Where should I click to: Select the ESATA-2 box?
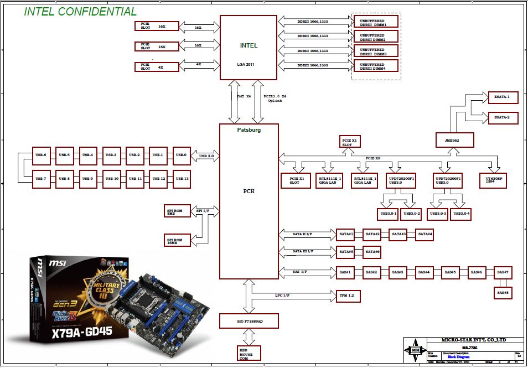click(x=502, y=118)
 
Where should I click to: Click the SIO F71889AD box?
click(x=249, y=322)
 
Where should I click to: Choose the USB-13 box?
click(x=182, y=178)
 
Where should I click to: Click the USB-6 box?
click(x=41, y=155)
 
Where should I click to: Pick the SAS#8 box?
click(x=503, y=292)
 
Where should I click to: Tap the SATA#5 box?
click(x=346, y=252)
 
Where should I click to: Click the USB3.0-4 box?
click(x=461, y=214)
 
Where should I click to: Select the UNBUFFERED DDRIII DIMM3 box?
click(x=376, y=51)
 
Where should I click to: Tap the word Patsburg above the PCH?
click(x=249, y=130)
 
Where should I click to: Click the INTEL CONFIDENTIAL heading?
click(x=80, y=11)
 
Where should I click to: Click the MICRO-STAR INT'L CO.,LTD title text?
click(x=473, y=340)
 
